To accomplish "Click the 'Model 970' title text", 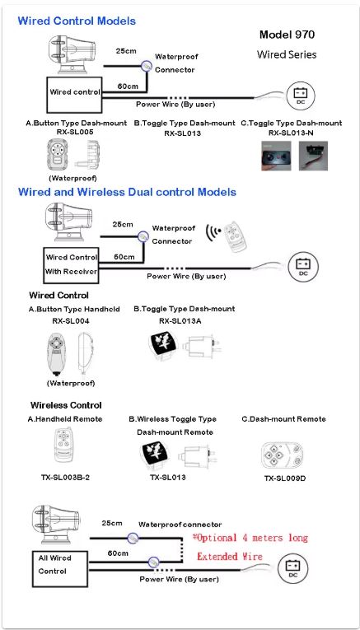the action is click(287, 35).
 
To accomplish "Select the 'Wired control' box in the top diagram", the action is click(74, 95).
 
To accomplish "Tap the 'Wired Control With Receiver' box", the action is click(71, 265).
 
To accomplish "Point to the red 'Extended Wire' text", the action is click(229, 557).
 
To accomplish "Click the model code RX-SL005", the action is click(76, 133).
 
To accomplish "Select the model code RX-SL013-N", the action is click(291, 133).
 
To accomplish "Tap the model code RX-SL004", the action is click(71, 321).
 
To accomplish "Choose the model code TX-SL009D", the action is click(285, 478).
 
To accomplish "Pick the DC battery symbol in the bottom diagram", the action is click(292, 568).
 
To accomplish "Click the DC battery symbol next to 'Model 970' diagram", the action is click(301, 96).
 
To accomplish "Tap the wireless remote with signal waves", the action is click(234, 236).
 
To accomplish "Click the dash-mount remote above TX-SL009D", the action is click(284, 455).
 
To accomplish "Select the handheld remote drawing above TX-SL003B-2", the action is click(63, 444).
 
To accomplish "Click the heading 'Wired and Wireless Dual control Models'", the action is click(127, 192).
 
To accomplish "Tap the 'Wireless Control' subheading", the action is click(66, 405).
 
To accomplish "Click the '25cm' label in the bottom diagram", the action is click(112, 523).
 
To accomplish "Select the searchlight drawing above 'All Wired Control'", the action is click(56, 524).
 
